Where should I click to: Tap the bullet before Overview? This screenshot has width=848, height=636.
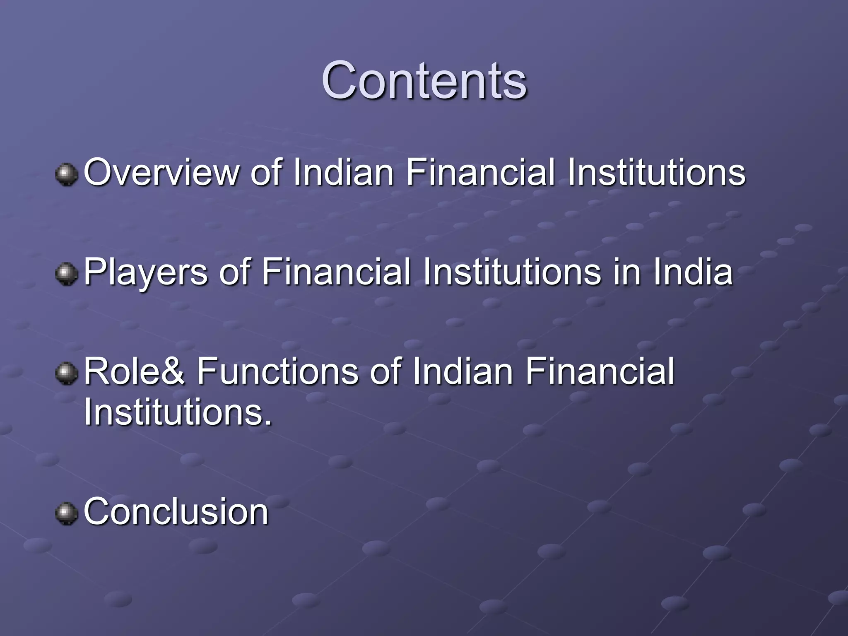tap(66, 174)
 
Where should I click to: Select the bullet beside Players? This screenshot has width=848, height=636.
tap(66, 274)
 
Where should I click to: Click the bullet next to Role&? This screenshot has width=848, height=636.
tap(66, 373)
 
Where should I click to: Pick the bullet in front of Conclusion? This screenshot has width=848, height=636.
tap(66, 513)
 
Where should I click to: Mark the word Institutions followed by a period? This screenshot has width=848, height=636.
tap(178, 412)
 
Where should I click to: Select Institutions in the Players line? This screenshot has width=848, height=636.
tap(512, 272)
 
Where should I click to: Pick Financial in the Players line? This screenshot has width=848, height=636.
tap(336, 272)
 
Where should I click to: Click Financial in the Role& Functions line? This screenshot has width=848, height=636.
tap(600, 371)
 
